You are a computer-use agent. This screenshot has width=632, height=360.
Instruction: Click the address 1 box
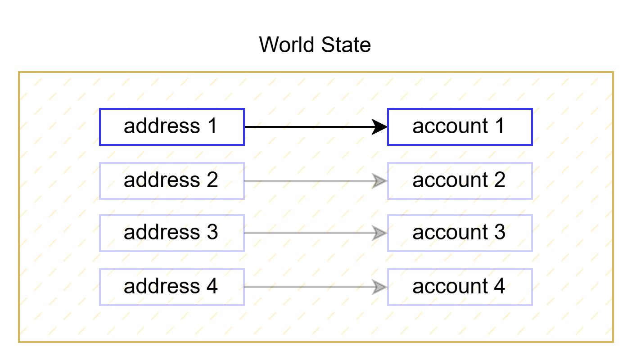172,127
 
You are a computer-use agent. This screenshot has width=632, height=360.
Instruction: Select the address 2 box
172,181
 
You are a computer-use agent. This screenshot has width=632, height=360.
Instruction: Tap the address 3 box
172,233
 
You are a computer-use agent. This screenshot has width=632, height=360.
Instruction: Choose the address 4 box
172,287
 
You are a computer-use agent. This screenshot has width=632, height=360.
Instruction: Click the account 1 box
460,127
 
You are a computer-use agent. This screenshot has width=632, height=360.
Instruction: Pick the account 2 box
460,181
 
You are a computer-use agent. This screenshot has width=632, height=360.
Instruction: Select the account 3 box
460,233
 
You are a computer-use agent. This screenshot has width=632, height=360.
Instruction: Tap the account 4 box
460,287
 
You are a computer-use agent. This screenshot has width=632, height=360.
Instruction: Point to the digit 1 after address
212,126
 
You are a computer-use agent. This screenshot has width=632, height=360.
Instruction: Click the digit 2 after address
212,180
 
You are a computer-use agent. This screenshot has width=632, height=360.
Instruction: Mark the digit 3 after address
212,232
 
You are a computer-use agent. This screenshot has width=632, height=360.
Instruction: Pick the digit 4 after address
212,286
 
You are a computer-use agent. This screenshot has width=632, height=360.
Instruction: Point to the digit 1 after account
500,126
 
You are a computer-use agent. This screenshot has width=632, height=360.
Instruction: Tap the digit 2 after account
499,180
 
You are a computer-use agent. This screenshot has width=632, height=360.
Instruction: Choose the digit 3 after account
499,232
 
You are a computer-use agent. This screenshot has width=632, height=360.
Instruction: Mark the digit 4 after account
499,286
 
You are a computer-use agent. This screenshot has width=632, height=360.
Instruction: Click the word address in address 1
162,126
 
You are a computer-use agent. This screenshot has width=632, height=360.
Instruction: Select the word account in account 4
450,287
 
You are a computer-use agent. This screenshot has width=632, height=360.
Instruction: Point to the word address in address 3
162,232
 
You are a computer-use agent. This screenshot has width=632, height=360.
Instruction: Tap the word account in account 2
450,180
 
